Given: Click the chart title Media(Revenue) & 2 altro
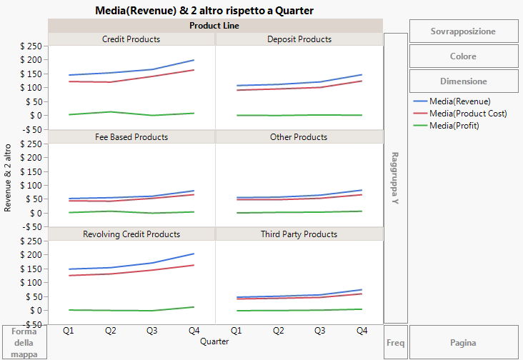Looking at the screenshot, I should pyautogui.click(x=204, y=11).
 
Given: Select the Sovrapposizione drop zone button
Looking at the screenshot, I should pyautogui.click(x=463, y=31).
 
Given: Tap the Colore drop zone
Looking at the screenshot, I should pyautogui.click(x=463, y=56).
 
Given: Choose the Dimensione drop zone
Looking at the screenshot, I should pyautogui.click(x=463, y=81).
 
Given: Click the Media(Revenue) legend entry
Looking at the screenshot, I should pyautogui.click(x=459, y=101).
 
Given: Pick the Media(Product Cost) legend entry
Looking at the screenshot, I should pyautogui.click(x=467, y=114).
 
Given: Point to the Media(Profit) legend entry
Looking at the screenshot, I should pyautogui.click(x=454, y=126).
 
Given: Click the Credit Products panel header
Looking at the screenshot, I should pyautogui.click(x=131, y=39).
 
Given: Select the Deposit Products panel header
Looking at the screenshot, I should pyautogui.click(x=299, y=39).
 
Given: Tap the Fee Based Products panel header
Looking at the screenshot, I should pyautogui.click(x=131, y=136).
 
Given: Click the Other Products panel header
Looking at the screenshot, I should pyautogui.click(x=299, y=136).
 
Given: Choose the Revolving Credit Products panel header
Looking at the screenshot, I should pyautogui.click(x=131, y=234).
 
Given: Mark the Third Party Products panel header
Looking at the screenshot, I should pyautogui.click(x=299, y=234).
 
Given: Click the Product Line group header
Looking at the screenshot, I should pyautogui.click(x=215, y=26).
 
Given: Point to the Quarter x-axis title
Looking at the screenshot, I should pyautogui.click(x=214, y=342).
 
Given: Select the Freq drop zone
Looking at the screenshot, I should pyautogui.click(x=395, y=343).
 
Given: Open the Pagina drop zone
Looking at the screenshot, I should pyautogui.click(x=463, y=343).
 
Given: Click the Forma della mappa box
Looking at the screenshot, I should pyautogui.click(x=24, y=343).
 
